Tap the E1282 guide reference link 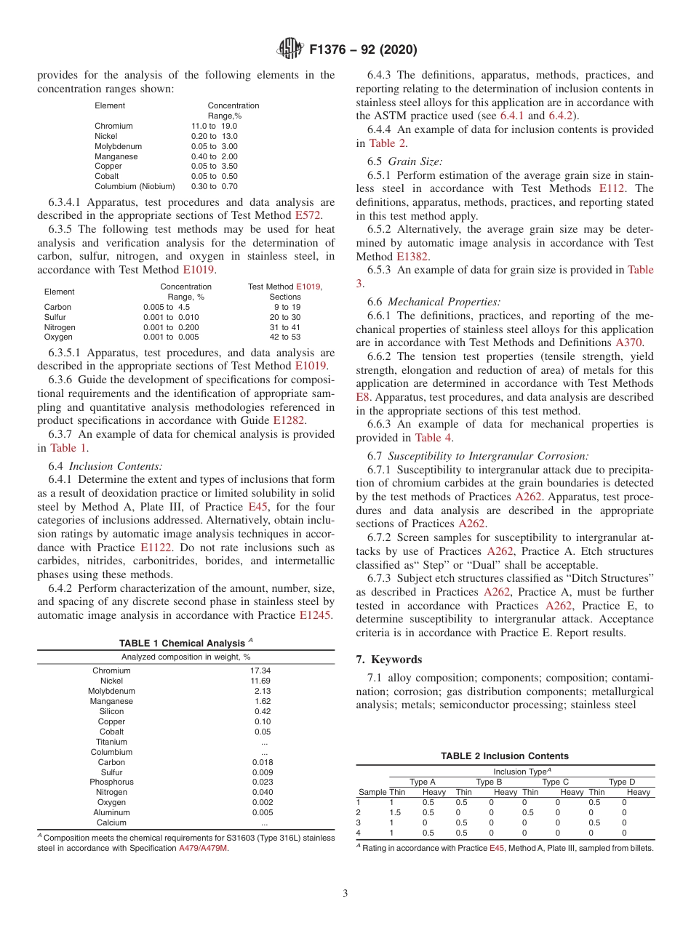tap(289, 420)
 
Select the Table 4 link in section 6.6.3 tap(434, 438)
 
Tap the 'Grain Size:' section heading tap(415, 161)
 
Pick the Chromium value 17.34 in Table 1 tap(260, 670)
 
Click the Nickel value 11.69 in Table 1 tap(260, 681)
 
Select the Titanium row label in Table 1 tap(111, 742)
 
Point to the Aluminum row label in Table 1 tap(111, 812)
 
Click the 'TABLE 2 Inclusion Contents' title tap(505, 756)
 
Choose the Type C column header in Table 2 tap(556, 782)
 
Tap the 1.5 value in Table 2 tap(395, 812)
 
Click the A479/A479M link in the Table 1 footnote tap(203, 848)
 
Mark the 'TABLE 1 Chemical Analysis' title tap(185, 644)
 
